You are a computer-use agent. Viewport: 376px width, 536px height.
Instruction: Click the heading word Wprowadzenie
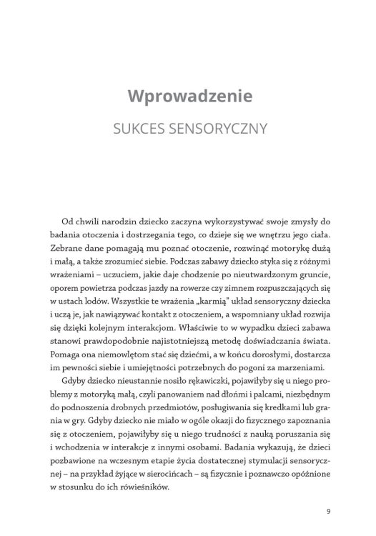(x=187, y=96)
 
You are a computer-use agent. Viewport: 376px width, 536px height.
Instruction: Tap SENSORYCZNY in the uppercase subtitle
(x=218, y=129)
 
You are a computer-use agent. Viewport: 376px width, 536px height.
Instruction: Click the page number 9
(x=328, y=511)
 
